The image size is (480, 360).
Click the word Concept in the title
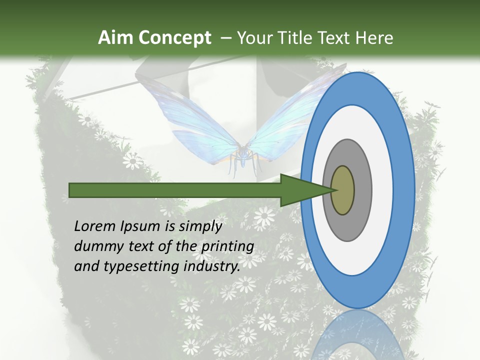(x=174, y=38)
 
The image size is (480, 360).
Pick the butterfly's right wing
(x=295, y=115)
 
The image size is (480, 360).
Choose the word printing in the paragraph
(x=227, y=246)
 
